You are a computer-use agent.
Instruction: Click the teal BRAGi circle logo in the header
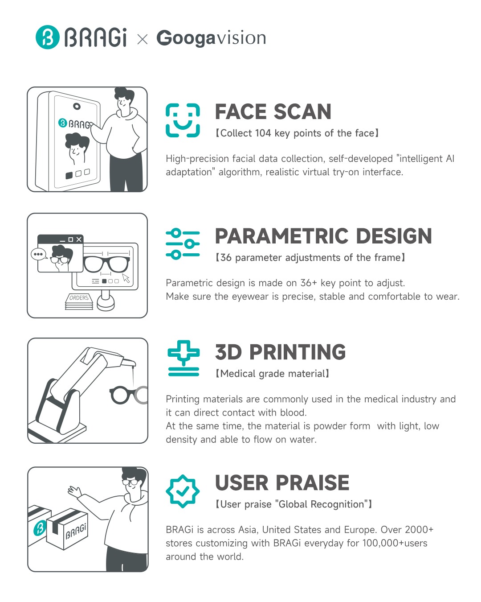(48, 37)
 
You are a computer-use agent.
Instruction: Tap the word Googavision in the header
(211, 38)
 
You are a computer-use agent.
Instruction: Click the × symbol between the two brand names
(142, 39)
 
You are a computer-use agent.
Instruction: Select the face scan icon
(183, 120)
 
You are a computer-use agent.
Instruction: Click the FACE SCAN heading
(273, 111)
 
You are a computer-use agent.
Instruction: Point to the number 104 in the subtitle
(263, 133)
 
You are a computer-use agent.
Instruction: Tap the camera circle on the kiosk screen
(77, 106)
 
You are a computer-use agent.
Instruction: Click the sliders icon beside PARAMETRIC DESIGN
(183, 244)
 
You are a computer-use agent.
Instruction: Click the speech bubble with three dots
(39, 255)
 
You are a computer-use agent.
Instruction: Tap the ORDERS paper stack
(79, 301)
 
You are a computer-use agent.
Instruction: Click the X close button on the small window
(79, 239)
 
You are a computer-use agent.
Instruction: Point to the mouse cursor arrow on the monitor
(126, 278)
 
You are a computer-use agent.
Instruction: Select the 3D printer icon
(183, 359)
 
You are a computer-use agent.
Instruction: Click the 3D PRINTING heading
(280, 352)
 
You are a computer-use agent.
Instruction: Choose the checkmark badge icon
(183, 491)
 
